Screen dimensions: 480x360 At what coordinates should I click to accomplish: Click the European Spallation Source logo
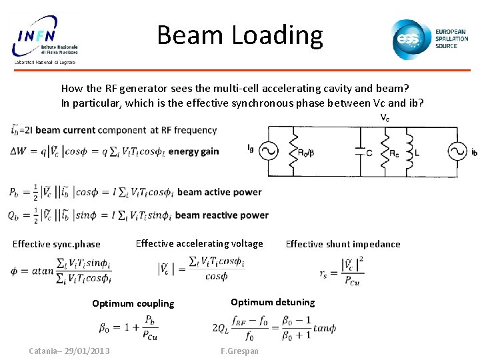430,39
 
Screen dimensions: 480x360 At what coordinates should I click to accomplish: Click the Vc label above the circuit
385,117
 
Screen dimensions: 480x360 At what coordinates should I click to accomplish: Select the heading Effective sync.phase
57,244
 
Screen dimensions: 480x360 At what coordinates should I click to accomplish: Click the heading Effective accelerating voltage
199,243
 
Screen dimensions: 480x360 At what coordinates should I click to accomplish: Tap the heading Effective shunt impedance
343,244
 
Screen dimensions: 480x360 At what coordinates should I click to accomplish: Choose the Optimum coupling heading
133,303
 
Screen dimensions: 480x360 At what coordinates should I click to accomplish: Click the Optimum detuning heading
273,302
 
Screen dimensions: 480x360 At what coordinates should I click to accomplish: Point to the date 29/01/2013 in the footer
89,351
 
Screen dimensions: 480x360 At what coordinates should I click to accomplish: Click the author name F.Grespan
239,351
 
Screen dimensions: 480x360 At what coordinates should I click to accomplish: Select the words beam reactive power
222,215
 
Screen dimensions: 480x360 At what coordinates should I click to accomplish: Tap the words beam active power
219,192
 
